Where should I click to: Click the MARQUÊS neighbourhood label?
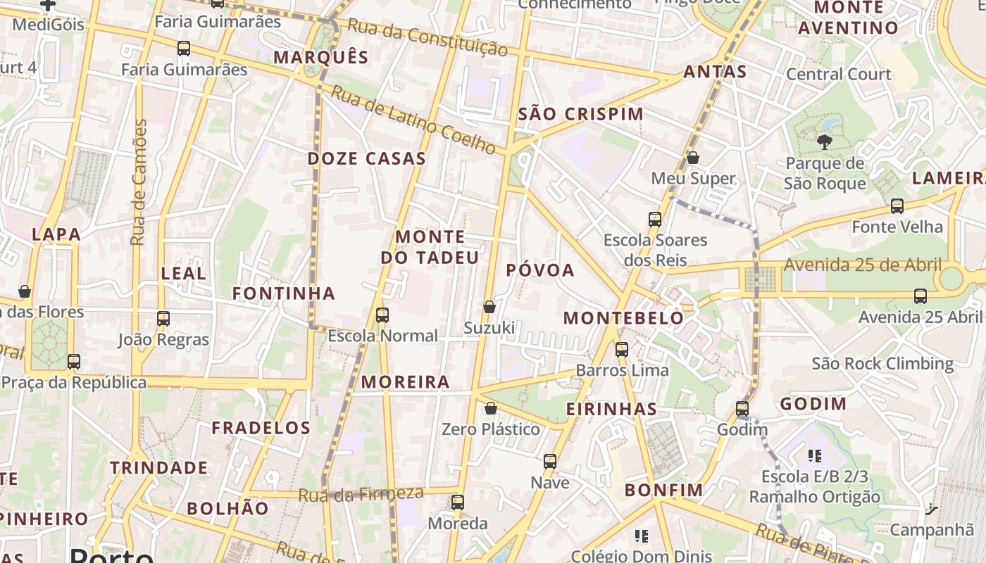click(321, 57)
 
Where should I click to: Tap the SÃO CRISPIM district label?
click(580, 114)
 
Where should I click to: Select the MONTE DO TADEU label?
click(430, 246)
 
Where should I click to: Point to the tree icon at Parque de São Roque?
click(824, 142)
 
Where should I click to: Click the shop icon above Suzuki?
click(489, 307)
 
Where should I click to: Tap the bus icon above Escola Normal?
click(382, 315)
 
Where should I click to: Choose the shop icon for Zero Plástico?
click(491, 408)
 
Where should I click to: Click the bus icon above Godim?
click(742, 408)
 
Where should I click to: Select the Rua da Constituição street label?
click(428, 37)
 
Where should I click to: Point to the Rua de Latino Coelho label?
click(414, 120)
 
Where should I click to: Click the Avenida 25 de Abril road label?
click(862, 265)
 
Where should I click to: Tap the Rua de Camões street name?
click(139, 182)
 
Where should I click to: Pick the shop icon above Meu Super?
click(693, 158)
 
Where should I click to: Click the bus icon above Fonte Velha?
click(897, 206)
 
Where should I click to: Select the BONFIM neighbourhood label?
click(663, 490)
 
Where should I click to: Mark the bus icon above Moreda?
click(458, 502)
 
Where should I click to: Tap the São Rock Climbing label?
click(882, 364)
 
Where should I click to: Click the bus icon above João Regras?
click(163, 319)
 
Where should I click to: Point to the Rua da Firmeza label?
click(361, 495)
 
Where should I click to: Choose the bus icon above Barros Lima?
click(622, 349)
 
